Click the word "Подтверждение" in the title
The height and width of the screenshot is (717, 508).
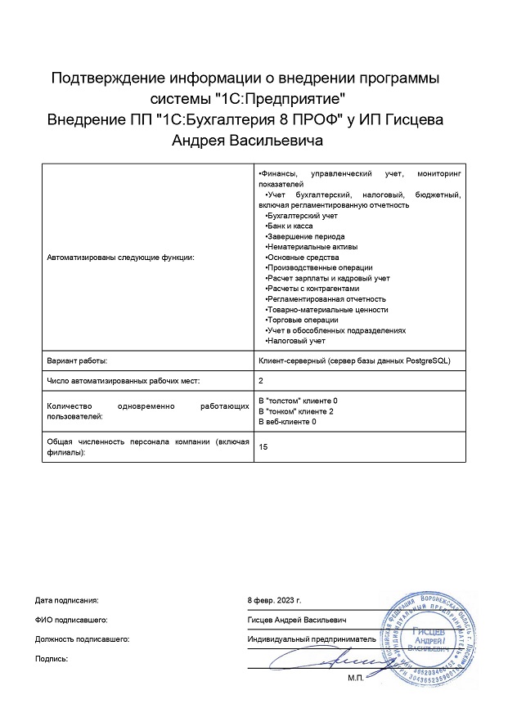pyautogui.click(x=107, y=78)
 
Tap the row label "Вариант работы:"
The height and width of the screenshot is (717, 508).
pyautogui.click(x=78, y=360)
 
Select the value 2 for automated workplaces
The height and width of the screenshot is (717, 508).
pyautogui.click(x=261, y=381)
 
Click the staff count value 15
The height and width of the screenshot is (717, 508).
pyautogui.click(x=263, y=446)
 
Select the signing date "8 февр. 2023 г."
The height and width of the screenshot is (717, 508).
pyautogui.click(x=280, y=599)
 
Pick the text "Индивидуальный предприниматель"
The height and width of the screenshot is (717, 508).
pyautogui.click(x=311, y=638)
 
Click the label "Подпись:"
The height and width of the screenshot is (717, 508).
pyautogui.click(x=52, y=657)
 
